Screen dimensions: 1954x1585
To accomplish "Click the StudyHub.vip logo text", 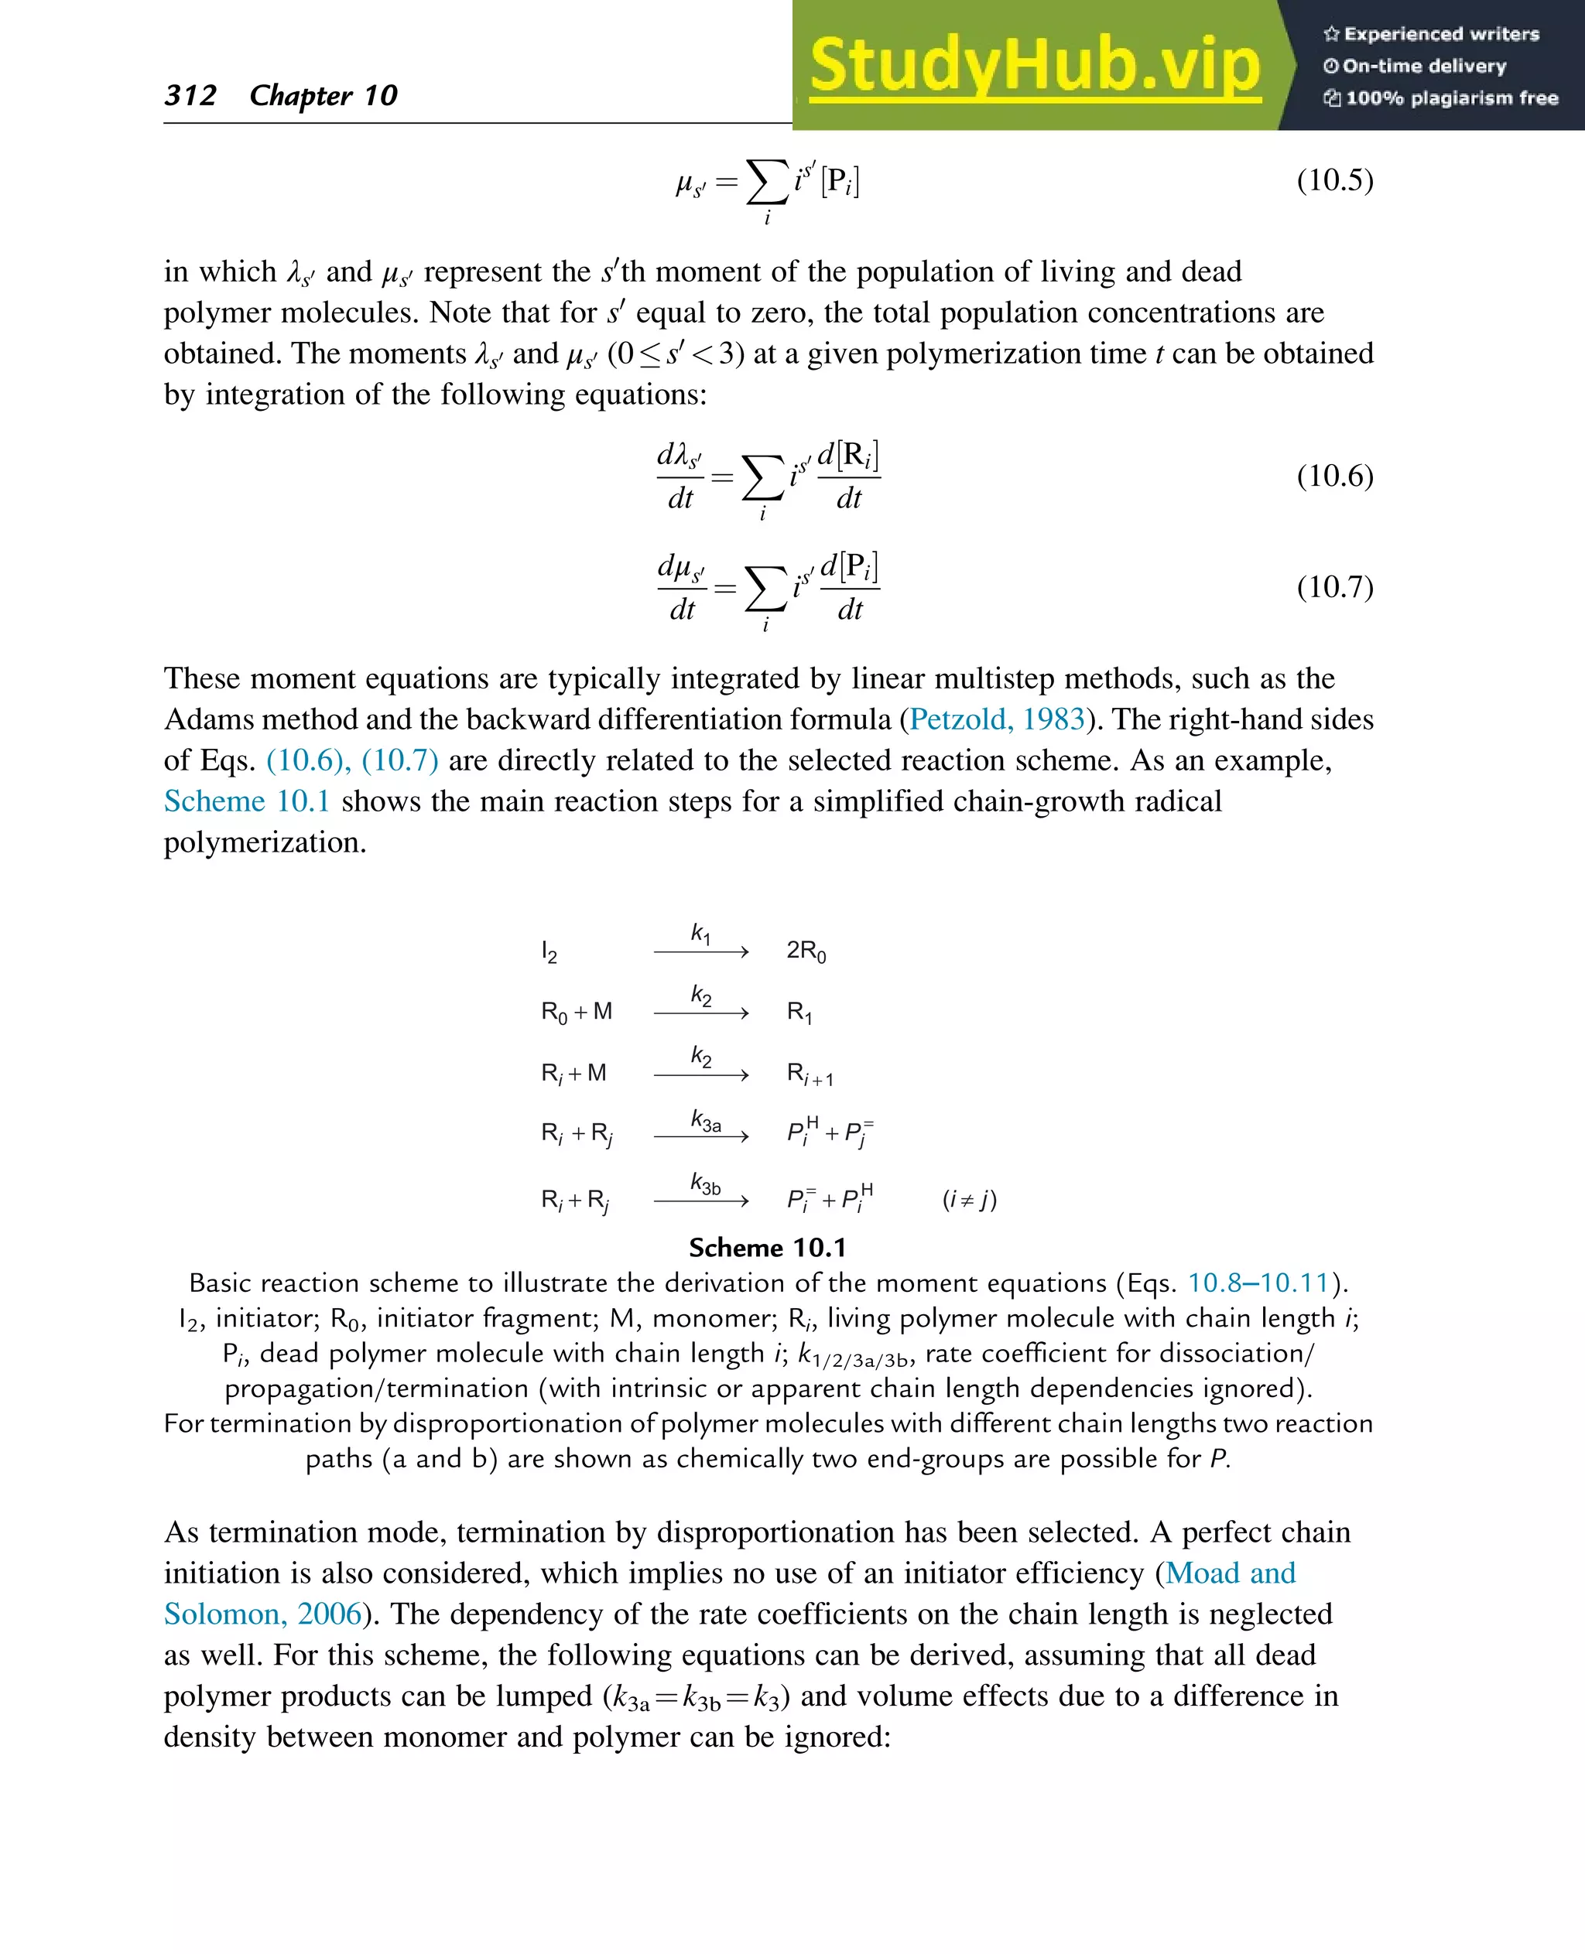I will click(x=1035, y=66).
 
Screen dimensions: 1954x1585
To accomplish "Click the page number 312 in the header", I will click(x=190, y=95).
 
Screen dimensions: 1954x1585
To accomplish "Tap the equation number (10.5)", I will click(x=1334, y=179).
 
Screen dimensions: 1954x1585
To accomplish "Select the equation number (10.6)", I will click(x=1334, y=476).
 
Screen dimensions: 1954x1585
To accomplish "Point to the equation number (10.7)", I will click(x=1334, y=587).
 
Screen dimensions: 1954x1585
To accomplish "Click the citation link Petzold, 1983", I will click(x=997, y=719).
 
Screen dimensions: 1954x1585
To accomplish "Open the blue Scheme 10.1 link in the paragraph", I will click(x=247, y=801).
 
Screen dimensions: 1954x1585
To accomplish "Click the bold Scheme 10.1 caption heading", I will click(x=767, y=1248).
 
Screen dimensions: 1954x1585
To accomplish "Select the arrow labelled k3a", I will click(x=701, y=1136).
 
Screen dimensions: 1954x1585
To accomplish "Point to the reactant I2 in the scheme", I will click(x=549, y=952).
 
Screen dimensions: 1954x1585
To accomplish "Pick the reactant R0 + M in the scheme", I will click(x=576, y=1012).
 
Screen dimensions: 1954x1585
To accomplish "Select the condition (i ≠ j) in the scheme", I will click(x=969, y=1199).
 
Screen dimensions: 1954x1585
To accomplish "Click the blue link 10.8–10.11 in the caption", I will click(x=1257, y=1283).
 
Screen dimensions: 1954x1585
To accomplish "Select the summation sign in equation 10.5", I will click(x=767, y=182).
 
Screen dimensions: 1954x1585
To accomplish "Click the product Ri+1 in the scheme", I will click(x=809, y=1074).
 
